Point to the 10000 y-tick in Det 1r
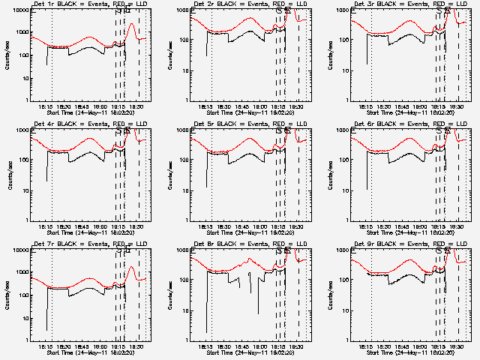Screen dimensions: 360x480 (21, 10)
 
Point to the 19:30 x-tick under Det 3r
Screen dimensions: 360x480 (458, 106)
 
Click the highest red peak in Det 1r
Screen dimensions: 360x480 (132, 24)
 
